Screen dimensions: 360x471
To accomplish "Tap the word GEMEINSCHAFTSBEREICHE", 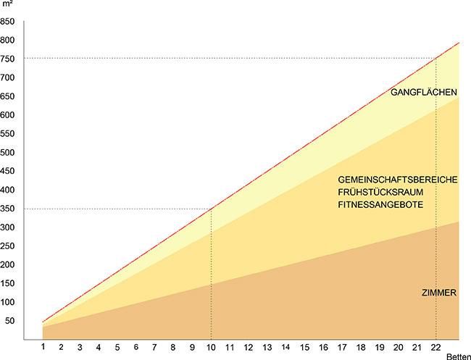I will tap(397, 179).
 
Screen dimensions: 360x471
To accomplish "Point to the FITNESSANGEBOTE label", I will tap(380, 205).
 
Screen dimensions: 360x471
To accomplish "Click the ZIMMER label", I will tap(438, 293).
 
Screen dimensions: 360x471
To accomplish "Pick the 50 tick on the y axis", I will tap(11, 321).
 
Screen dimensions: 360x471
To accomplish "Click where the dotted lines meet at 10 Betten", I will tap(212, 209).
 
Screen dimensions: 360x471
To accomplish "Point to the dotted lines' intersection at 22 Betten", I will tap(436, 59).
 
